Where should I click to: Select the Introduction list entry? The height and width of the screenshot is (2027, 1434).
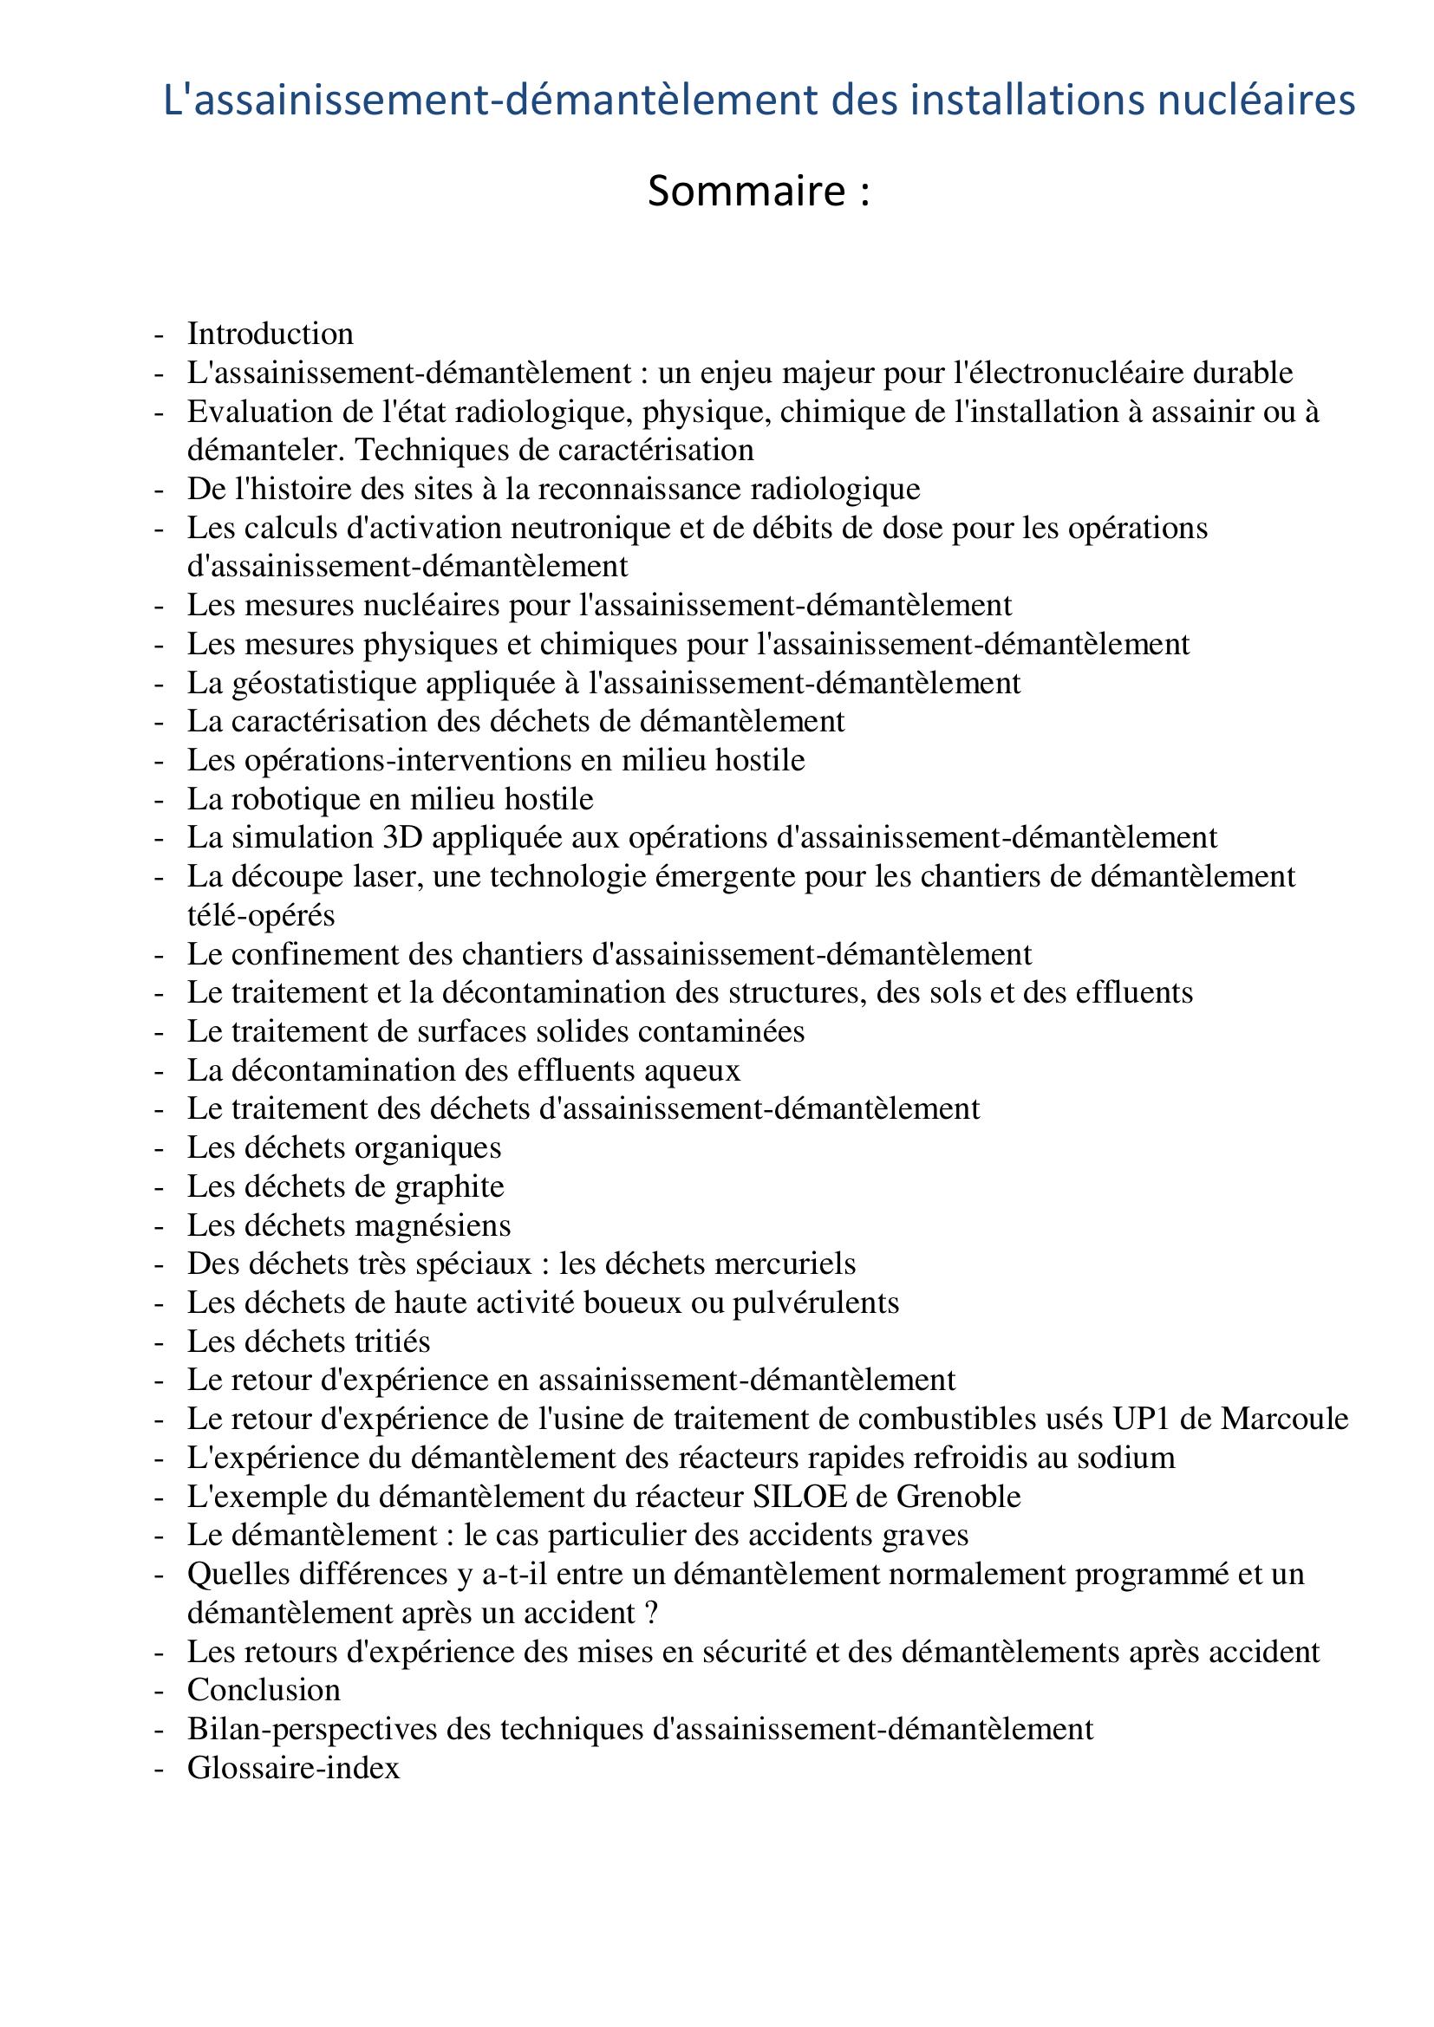pyautogui.click(x=271, y=334)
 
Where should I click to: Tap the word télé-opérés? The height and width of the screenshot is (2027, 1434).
pyautogui.click(x=260, y=914)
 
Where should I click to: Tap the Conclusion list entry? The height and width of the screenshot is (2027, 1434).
pyautogui.click(x=264, y=1690)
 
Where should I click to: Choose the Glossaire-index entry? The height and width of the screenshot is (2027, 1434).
pyautogui.click(x=293, y=1767)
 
